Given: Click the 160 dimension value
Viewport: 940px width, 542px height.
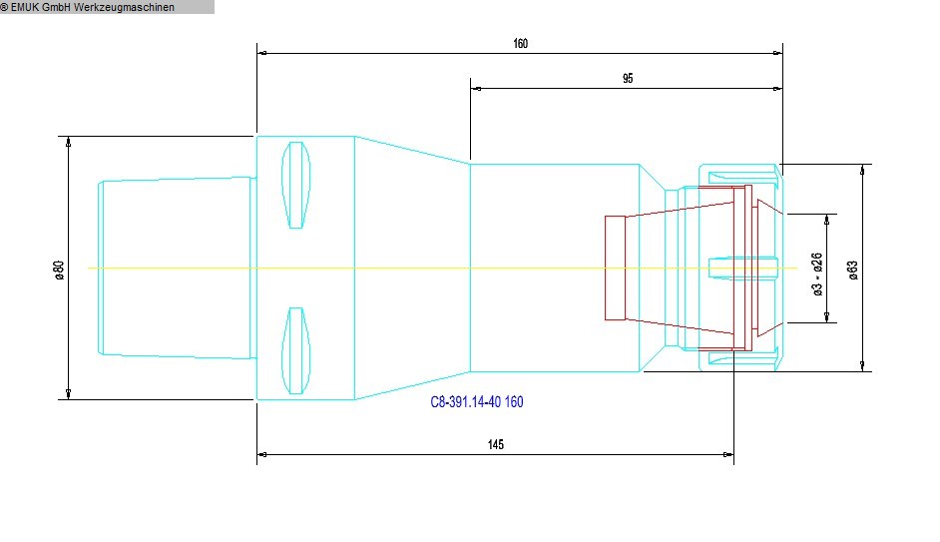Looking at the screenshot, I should pyautogui.click(x=520, y=44).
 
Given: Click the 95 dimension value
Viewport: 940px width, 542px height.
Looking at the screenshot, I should pyautogui.click(x=627, y=79).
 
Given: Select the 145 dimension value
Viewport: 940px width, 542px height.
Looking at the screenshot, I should pyautogui.click(x=496, y=445).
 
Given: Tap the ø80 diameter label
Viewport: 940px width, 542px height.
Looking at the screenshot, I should pyautogui.click(x=59, y=270).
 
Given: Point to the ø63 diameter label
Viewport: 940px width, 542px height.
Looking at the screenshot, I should pyautogui.click(x=852, y=270).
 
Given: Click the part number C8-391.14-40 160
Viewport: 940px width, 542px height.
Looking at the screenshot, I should pyautogui.click(x=476, y=402).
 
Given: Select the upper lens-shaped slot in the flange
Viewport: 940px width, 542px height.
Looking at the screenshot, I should pyautogui.click(x=295, y=185).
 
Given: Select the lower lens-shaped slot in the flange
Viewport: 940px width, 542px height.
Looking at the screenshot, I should pyautogui.click(x=295, y=350).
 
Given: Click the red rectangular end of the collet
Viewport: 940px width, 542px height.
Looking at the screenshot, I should pyautogui.click(x=616, y=268).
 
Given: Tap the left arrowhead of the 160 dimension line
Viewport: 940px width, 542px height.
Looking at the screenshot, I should pyautogui.click(x=261, y=53).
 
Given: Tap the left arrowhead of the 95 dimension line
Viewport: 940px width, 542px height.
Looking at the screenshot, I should pyautogui.click(x=475, y=89).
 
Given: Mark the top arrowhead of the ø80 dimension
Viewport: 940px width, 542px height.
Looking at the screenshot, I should pyautogui.click(x=69, y=140).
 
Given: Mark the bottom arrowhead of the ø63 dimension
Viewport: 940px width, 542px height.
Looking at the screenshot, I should pyautogui.click(x=864, y=366).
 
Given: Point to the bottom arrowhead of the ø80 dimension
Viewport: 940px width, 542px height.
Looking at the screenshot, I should pyautogui.click(x=69, y=395).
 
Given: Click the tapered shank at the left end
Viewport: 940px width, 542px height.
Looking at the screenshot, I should pyautogui.click(x=176, y=268).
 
